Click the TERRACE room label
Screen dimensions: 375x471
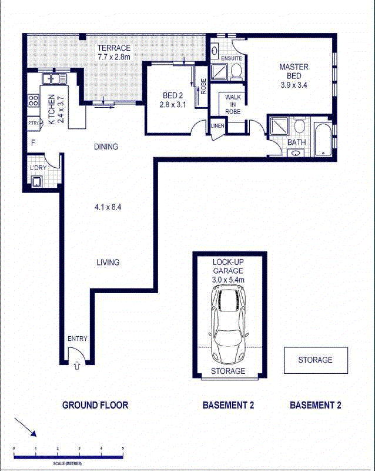coord(114,48)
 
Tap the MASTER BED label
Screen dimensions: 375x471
coord(294,71)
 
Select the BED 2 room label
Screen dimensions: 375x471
coord(173,95)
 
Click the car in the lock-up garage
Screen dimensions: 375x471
coord(228,324)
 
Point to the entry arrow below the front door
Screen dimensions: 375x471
coord(77,365)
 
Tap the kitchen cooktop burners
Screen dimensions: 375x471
coord(34,100)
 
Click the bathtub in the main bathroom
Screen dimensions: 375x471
coord(323,139)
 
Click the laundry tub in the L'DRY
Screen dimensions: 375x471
coord(37,182)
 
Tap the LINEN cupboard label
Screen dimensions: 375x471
coord(217,126)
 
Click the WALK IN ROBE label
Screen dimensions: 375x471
coord(233,104)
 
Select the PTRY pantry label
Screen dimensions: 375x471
coord(34,123)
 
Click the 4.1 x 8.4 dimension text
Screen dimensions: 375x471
coord(108,207)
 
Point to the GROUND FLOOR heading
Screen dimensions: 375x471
coord(95,405)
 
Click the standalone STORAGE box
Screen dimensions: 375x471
coord(316,360)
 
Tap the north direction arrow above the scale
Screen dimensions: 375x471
coord(25,427)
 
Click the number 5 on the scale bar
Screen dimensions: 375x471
coord(123,449)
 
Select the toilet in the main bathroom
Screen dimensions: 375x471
coord(299,126)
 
